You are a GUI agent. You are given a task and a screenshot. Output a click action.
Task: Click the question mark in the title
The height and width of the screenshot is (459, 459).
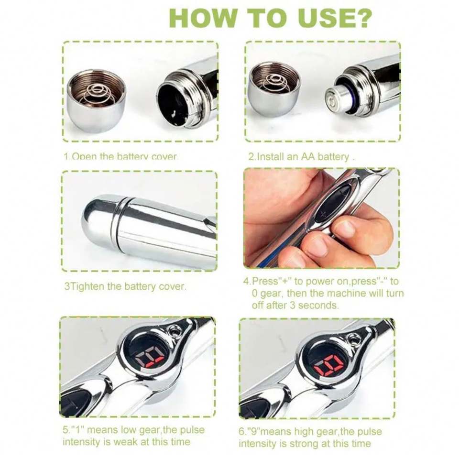360,18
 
